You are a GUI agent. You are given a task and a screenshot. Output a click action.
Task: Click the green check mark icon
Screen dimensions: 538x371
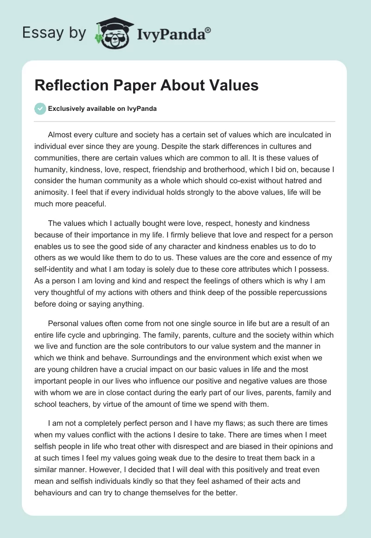(40, 109)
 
